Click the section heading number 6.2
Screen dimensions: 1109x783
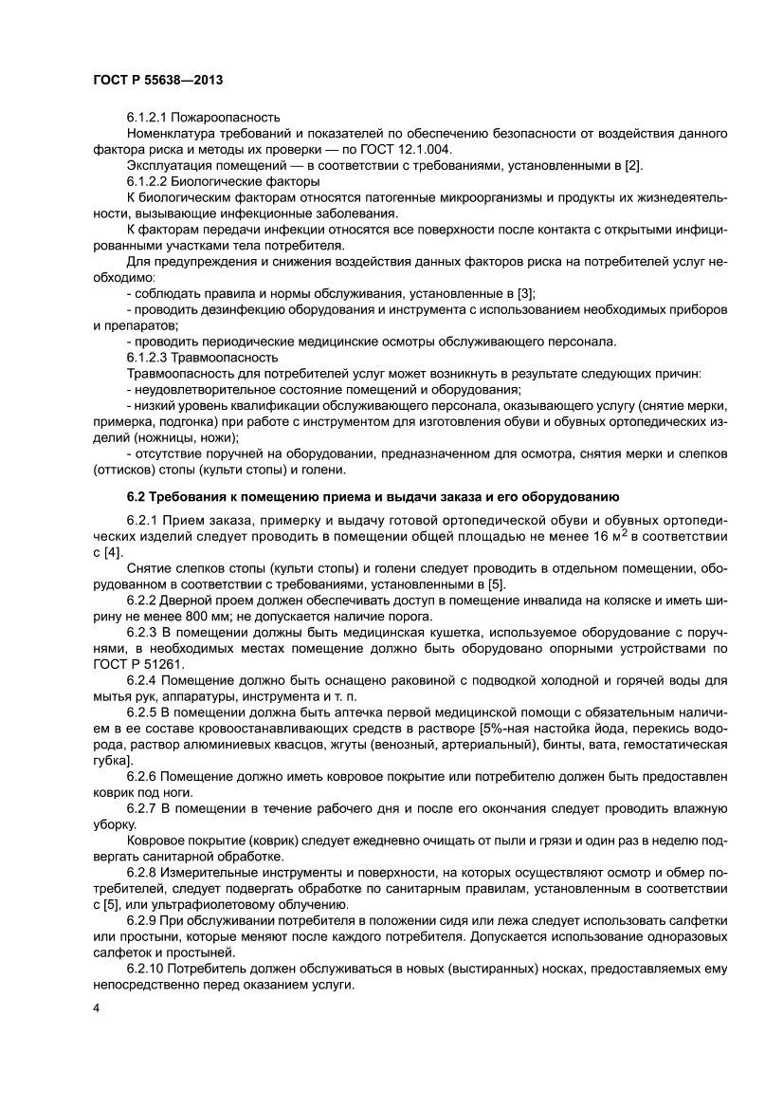(x=137, y=496)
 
